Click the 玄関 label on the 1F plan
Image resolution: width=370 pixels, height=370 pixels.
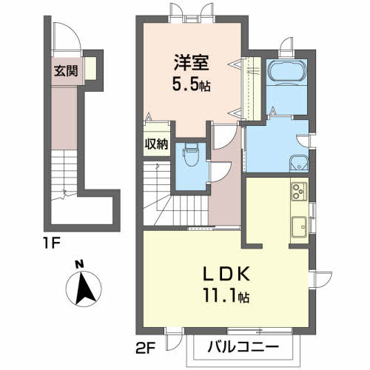coord(66,71)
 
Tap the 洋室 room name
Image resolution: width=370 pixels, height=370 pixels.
coord(192,62)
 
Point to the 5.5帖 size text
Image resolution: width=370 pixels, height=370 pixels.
coord(191,85)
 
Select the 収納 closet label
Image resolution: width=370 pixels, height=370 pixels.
coord(156,144)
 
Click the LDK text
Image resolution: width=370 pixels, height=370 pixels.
coord(226,274)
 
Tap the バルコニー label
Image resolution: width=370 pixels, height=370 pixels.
coord(243,347)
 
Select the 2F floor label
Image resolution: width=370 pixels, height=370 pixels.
coord(145,349)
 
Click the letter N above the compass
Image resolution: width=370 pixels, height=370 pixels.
coord(79,264)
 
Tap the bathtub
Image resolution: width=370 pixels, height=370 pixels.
coord(286,71)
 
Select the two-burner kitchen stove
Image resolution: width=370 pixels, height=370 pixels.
coord(299,191)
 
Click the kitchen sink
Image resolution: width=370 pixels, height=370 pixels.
coord(299,226)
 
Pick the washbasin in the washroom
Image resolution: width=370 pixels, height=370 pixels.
coord(299,164)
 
